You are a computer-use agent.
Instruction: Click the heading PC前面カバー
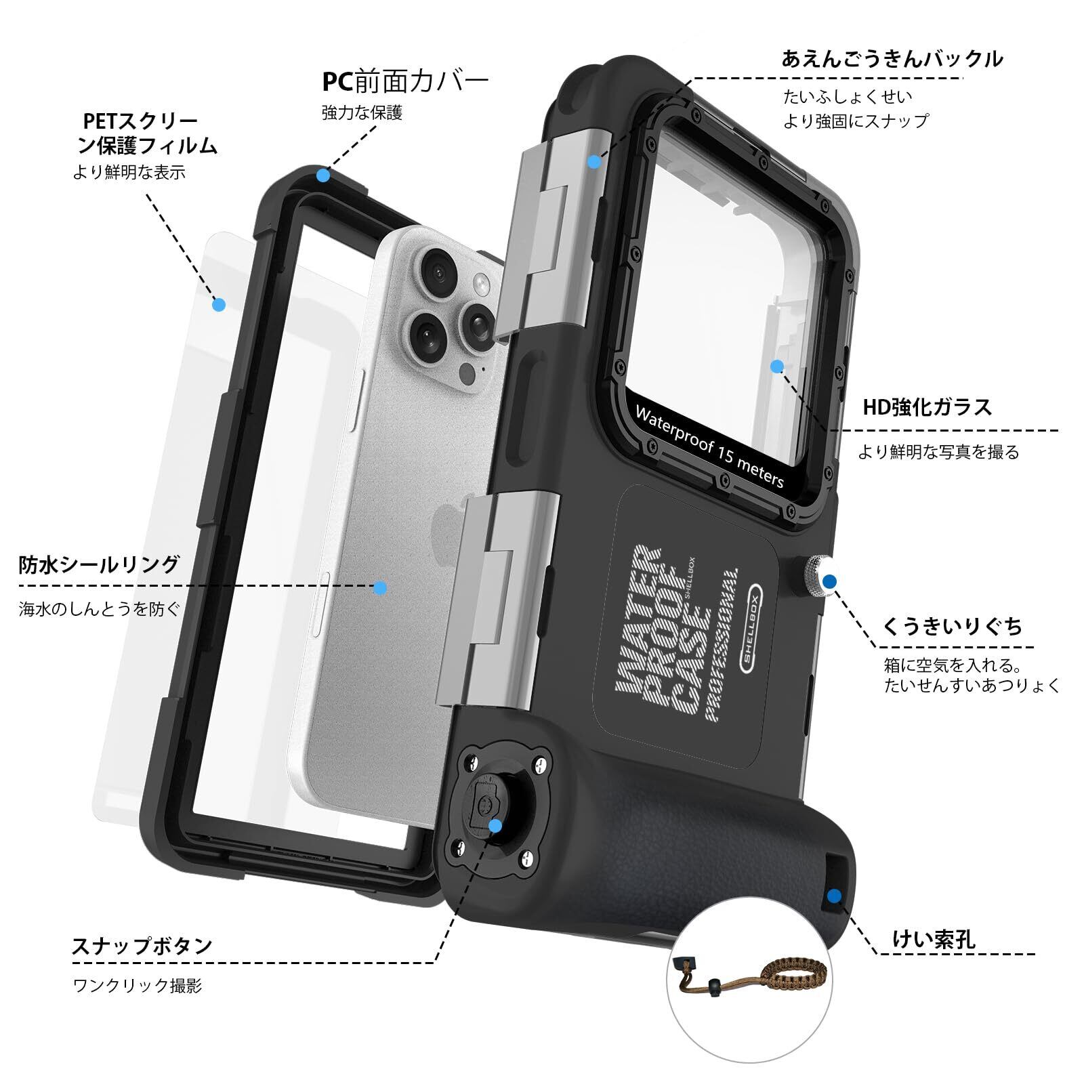(x=404, y=81)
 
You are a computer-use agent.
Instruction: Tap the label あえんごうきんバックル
(x=892, y=59)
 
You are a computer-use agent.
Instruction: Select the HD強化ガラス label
(x=927, y=407)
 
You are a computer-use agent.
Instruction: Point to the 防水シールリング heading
(x=100, y=564)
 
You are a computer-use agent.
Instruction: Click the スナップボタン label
(x=142, y=945)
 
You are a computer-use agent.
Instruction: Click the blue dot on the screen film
(x=218, y=305)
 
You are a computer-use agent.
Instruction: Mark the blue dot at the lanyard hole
(x=834, y=896)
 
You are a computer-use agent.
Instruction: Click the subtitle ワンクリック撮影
(x=138, y=985)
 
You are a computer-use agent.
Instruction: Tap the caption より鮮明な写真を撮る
(x=938, y=452)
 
